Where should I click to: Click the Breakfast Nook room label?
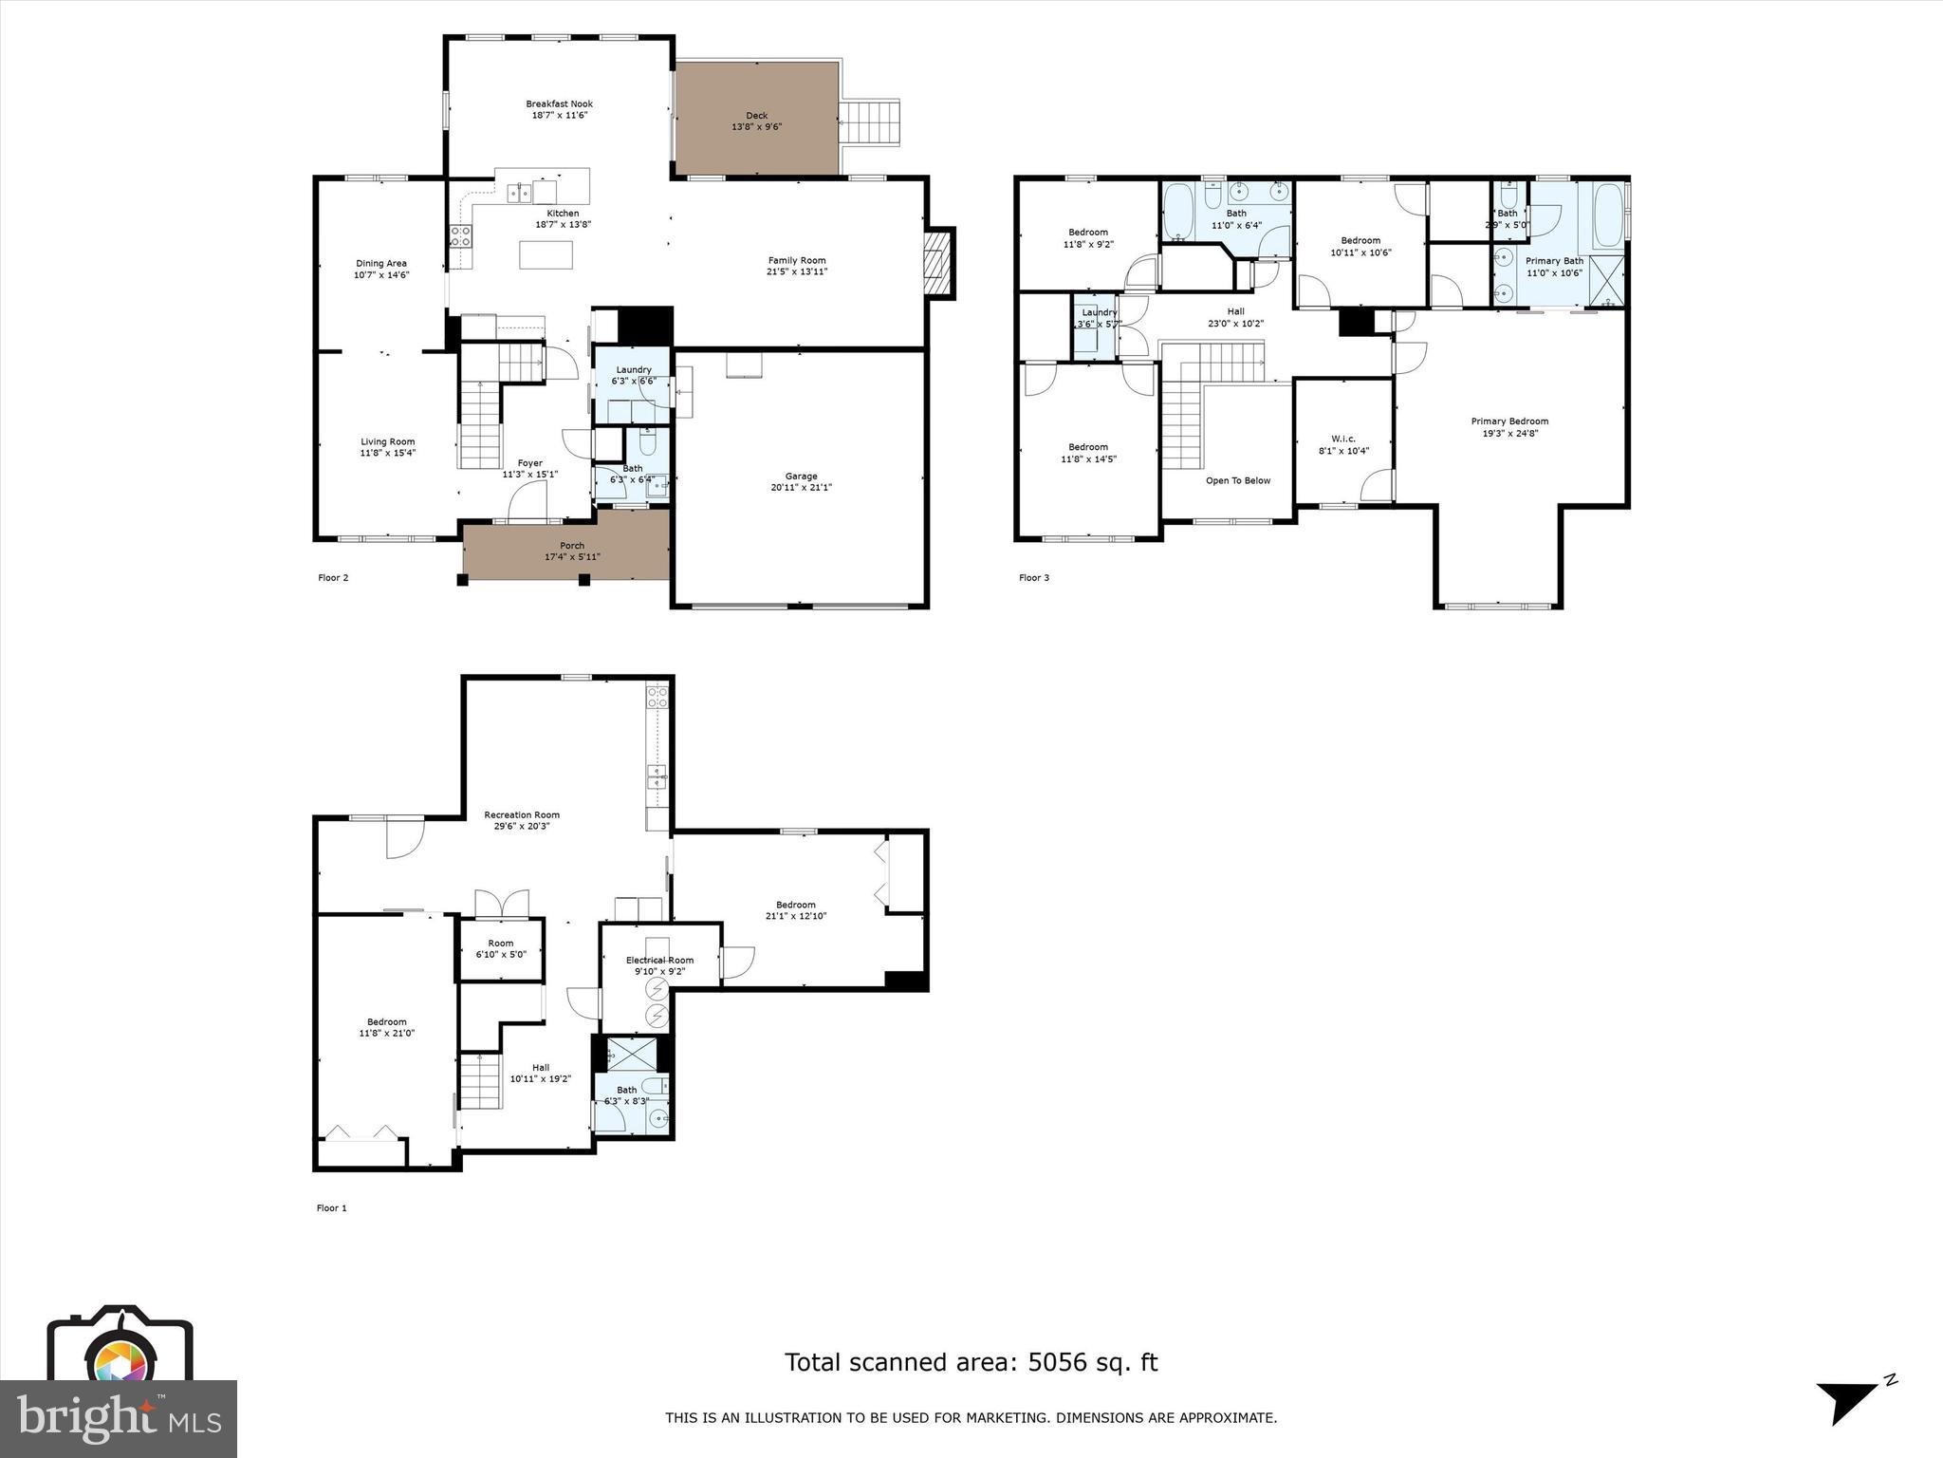(559, 104)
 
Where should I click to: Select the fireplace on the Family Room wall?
(939, 262)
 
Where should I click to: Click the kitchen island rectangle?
(546, 254)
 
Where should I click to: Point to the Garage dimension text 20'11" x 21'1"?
(801, 488)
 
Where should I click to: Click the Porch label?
(572, 546)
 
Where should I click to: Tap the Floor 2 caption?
(333, 577)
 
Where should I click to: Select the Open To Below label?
(1237, 480)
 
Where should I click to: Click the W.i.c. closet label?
(1342, 439)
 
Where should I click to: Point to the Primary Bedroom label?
(1509, 421)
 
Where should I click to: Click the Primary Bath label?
(1554, 261)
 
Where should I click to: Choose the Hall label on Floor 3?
(1235, 311)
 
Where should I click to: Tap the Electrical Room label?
(659, 961)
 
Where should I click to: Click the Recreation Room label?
(521, 814)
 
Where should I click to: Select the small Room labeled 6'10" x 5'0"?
(501, 948)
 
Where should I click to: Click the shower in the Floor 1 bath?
(625, 1053)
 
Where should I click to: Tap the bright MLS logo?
(119, 1418)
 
